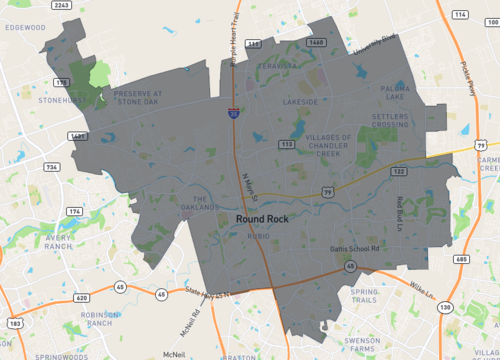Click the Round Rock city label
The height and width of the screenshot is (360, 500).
(x=262, y=217)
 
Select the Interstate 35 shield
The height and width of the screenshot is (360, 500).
(x=232, y=116)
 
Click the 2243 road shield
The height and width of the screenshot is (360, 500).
(x=60, y=6)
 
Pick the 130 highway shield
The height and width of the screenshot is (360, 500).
(x=444, y=306)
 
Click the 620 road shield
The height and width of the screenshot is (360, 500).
(x=82, y=298)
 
